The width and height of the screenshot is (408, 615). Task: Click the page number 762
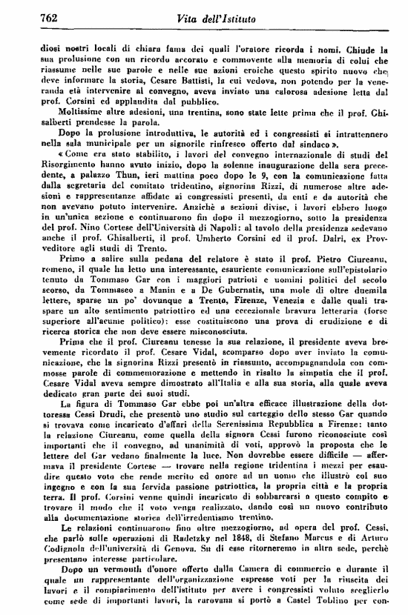click(30, 16)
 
